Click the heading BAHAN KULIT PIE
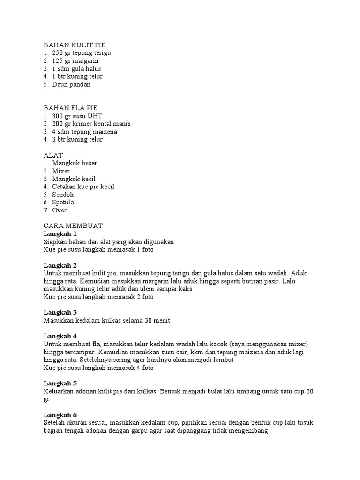point(75,45)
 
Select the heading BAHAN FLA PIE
point(70,108)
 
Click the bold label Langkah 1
point(60,233)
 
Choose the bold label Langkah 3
point(60,312)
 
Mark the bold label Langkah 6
point(60,415)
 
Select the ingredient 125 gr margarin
point(75,61)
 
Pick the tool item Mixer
point(61,171)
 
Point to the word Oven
point(60,210)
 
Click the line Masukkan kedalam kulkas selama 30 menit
point(106,320)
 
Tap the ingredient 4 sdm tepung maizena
point(84,132)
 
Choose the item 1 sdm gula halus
point(76,68)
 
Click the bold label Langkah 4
point(60,336)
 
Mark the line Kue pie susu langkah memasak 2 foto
point(98,297)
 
